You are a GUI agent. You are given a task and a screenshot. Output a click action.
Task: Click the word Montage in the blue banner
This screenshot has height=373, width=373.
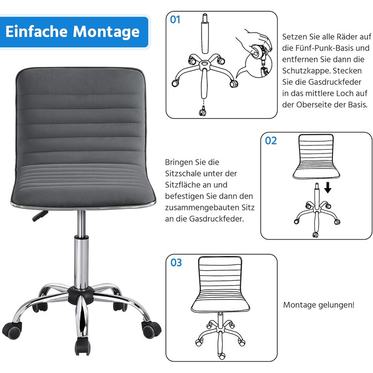(x=106, y=31)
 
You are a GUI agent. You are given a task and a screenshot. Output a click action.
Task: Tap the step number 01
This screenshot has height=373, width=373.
(x=175, y=20)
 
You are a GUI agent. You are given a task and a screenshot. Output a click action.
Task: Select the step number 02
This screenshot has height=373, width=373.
(x=271, y=141)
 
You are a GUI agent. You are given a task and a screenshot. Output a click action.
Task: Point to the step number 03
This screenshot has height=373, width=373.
(x=176, y=263)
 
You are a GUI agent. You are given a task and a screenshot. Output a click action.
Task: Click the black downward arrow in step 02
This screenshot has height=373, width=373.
(x=328, y=187)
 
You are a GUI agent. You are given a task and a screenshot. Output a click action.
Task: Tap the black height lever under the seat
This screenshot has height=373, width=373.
(x=40, y=215)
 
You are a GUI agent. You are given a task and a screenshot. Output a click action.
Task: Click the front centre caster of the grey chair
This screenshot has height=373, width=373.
(x=83, y=346)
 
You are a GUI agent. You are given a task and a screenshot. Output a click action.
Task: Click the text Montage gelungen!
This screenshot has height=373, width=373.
(x=319, y=305)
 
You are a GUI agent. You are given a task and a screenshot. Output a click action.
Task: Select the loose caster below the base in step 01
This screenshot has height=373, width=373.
(x=202, y=111)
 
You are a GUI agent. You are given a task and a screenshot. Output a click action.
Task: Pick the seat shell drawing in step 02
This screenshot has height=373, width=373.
(x=316, y=157)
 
